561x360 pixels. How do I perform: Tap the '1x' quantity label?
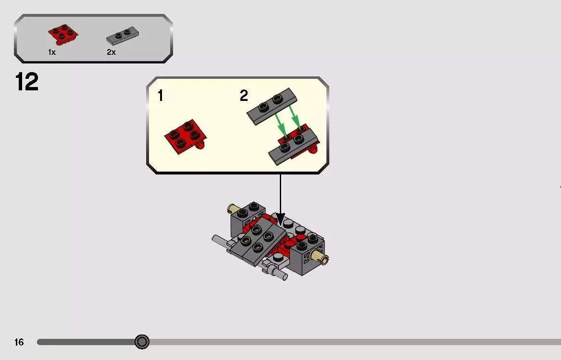tap(52, 52)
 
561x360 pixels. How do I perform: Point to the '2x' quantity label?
tap(111, 52)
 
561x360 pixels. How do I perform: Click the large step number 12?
tap(27, 82)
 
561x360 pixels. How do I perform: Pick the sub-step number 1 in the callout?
tap(160, 96)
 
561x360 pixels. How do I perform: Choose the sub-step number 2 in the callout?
tap(244, 96)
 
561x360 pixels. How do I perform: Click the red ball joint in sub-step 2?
tap(314, 150)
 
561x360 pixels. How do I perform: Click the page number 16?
tap(19, 342)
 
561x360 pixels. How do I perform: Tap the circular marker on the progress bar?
tap(142, 342)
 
